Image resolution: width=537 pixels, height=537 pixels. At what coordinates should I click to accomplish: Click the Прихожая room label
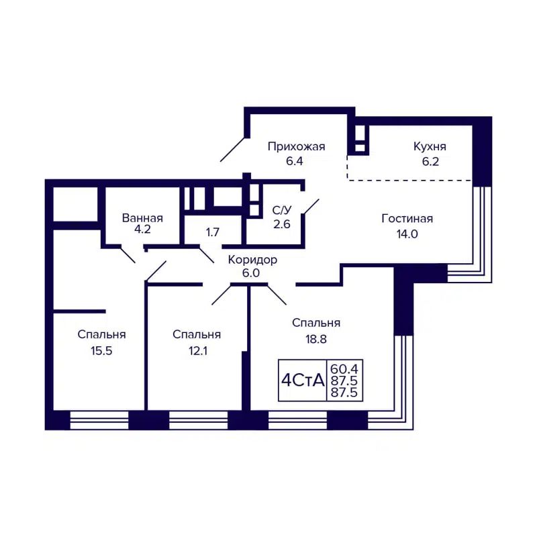(x=296, y=146)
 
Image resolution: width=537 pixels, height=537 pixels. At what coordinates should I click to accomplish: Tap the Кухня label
(x=430, y=146)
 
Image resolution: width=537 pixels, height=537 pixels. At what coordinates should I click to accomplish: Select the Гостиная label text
(x=407, y=218)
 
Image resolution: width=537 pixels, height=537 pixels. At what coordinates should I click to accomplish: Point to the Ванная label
(x=142, y=218)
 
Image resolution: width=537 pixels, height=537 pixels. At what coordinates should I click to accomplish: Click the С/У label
(x=281, y=210)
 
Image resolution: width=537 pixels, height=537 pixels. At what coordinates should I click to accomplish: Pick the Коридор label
(x=252, y=260)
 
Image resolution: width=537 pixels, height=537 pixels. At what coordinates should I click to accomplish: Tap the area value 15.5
(x=101, y=350)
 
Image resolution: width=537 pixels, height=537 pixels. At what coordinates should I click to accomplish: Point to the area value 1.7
(x=213, y=233)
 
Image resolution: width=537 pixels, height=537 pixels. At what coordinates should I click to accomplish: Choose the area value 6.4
(x=296, y=161)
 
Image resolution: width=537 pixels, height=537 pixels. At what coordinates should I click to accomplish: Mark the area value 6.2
(x=430, y=161)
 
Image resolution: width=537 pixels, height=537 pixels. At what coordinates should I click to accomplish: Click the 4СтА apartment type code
(x=302, y=381)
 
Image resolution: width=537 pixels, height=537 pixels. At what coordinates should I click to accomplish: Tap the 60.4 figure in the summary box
(x=345, y=369)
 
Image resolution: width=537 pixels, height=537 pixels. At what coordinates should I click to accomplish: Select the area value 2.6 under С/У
(x=281, y=225)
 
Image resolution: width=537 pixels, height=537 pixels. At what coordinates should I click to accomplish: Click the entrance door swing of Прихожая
(x=232, y=149)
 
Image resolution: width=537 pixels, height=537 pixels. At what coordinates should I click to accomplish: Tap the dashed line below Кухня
(x=409, y=180)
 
